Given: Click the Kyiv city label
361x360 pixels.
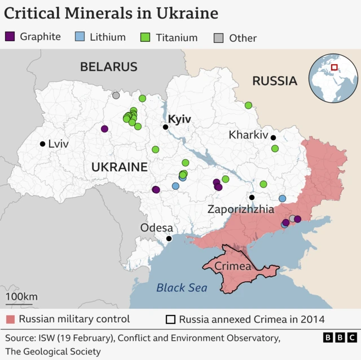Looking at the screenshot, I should tap(179, 119).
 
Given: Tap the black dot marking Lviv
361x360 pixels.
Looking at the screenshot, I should tap(42, 144).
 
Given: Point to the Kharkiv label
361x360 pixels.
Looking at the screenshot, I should tap(248, 135).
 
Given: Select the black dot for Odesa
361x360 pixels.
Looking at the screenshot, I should tap(169, 238).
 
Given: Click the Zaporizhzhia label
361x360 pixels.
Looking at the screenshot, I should tap(241, 209).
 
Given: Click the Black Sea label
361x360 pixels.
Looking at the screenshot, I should tap(182, 288).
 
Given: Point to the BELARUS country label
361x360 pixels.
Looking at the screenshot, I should tap(108, 66).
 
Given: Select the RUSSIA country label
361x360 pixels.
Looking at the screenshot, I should tap(274, 81).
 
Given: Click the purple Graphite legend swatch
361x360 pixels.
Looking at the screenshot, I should tap(10, 37).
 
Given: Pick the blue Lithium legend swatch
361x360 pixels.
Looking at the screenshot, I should tap(80, 37).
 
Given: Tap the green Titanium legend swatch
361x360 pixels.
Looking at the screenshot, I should tap(145, 37).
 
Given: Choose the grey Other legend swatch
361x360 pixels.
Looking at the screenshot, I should tap(218, 38).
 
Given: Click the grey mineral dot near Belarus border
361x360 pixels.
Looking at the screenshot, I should tap(116, 95).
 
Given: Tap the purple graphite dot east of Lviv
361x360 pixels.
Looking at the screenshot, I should tap(104, 128).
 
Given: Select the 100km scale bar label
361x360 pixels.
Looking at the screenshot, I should tap(21, 296).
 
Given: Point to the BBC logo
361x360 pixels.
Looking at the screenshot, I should tap(340, 337).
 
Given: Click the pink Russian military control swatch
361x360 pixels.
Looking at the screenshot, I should tap(10, 319).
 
